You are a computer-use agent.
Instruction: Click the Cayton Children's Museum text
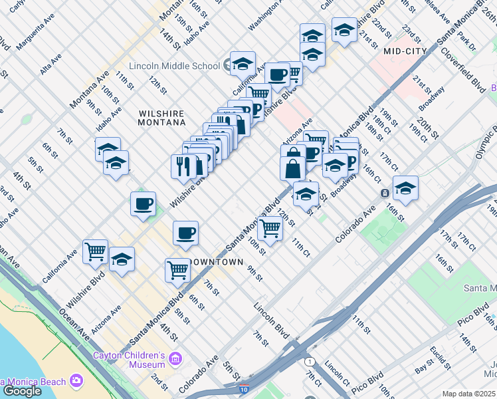pos(130,359)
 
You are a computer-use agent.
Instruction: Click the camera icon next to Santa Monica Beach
pos(76,381)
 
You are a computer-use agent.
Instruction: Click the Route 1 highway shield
pos(309,362)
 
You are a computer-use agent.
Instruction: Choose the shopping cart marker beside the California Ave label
pos(96,251)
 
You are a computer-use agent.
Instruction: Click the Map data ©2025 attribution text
pos(469,394)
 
